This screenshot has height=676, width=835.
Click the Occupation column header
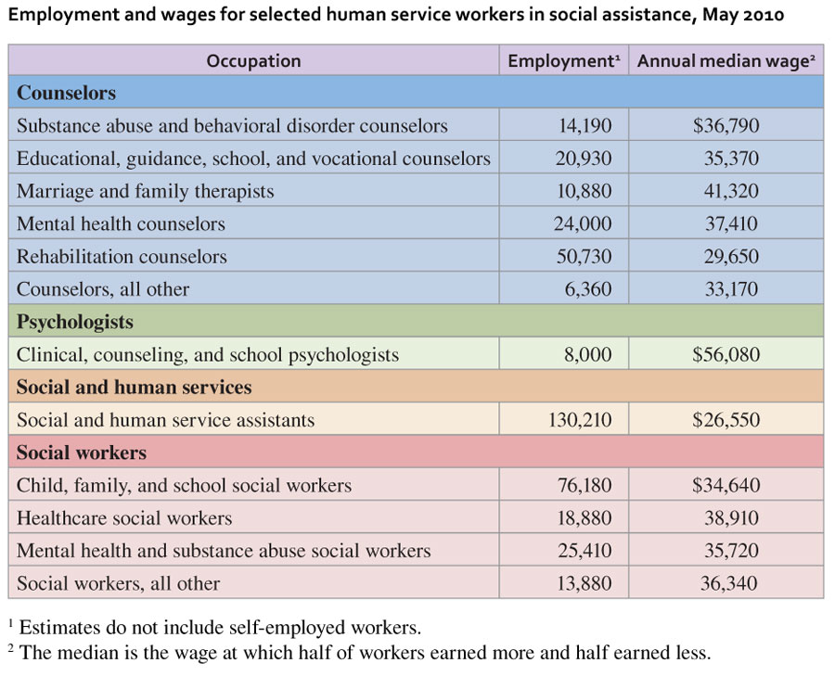coord(253,61)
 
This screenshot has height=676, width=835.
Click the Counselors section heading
coord(66,93)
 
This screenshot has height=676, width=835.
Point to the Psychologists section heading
coord(75,322)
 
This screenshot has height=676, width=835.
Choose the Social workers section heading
coord(82,453)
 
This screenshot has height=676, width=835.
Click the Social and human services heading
coord(134,387)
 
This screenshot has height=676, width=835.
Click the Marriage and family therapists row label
coord(146,191)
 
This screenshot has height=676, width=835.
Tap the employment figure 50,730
coord(584,256)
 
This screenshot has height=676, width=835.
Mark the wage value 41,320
coord(731,191)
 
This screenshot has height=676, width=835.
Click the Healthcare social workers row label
coord(124,518)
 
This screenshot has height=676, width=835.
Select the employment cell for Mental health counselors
coord(584,223)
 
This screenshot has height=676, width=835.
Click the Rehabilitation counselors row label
coord(122,256)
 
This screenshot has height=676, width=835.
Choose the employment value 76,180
coord(584,485)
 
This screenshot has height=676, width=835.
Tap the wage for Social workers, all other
coord(731,583)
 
